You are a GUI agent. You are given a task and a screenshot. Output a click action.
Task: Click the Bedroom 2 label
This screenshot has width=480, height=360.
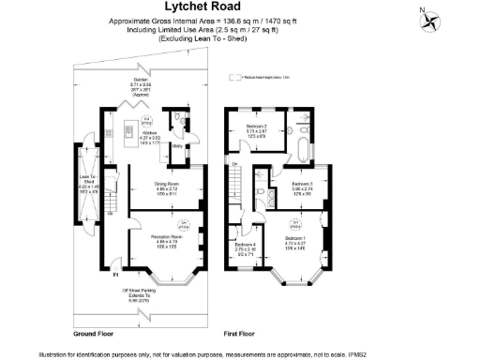(x=258, y=128)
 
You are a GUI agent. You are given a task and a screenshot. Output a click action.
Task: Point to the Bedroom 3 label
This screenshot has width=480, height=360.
(x=302, y=185)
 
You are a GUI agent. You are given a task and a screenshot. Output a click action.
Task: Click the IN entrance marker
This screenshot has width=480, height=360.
(x=117, y=276)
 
